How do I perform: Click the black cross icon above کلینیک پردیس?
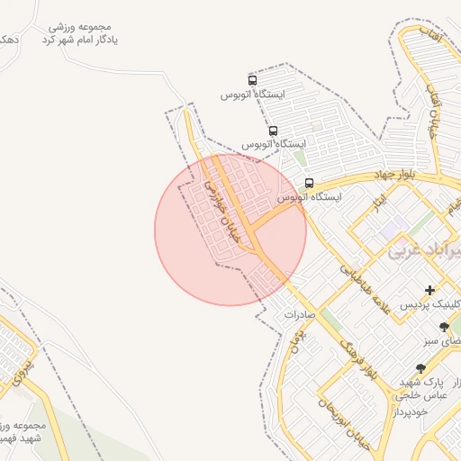[429, 290]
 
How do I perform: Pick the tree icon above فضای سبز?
[443, 327]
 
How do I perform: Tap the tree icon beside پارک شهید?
[420, 367]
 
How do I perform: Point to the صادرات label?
[298, 314]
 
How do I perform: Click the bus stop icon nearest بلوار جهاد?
[309, 182]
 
